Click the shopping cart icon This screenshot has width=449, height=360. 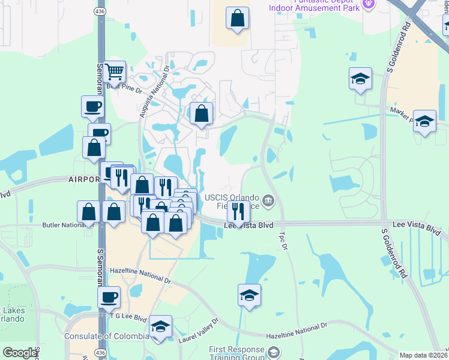(x=114, y=73)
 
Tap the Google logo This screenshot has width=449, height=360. (x=20, y=353)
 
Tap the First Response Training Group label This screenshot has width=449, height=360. (x=237, y=353)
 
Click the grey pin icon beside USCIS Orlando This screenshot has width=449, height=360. (x=268, y=200)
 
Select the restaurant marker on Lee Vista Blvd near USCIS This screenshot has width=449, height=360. (x=238, y=212)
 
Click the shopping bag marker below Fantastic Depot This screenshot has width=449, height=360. (x=238, y=19)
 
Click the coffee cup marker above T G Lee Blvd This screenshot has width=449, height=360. (x=109, y=297)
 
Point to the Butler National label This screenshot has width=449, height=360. (x=62, y=226)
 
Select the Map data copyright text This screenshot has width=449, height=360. (x=424, y=355)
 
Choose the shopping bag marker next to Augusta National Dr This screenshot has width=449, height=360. (x=201, y=113)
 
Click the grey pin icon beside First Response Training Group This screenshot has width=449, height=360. (x=274, y=351)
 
